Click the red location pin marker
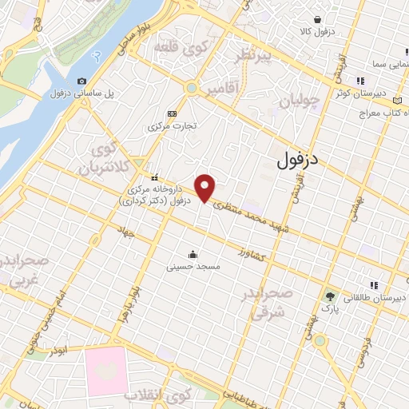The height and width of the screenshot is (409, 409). [206, 188]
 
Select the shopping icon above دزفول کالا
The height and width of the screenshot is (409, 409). [317, 20]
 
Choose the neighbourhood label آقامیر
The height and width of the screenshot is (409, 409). [221, 85]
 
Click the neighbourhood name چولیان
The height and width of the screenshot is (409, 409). [301, 101]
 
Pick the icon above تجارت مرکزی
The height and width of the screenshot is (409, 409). [173, 113]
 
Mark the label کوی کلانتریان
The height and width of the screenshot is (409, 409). [100, 160]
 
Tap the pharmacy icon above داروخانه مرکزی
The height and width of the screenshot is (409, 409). [155, 177]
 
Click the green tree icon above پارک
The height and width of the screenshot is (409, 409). [330, 295]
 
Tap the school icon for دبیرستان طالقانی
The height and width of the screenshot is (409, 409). [372, 285]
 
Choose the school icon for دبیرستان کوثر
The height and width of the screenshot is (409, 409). [360, 81]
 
